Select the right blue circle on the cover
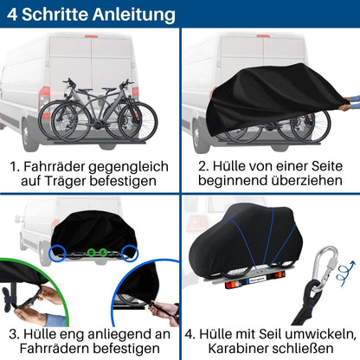(x=132, y=251)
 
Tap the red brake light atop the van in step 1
(x=91, y=36)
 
